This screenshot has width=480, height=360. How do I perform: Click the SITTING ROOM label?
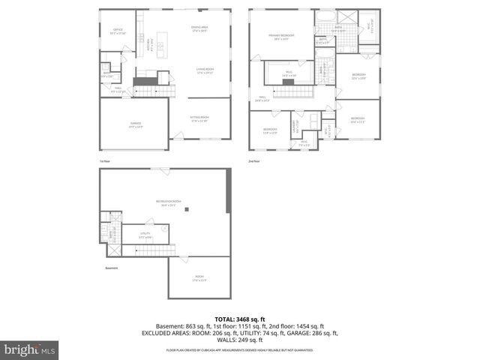pos(200,119)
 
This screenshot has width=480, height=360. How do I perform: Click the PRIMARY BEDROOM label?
pos(282,37)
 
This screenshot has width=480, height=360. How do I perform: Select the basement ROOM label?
pos(199,280)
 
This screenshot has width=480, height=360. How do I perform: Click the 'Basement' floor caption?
pos(111,267)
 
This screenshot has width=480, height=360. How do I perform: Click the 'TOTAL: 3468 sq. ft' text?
pos(239,318)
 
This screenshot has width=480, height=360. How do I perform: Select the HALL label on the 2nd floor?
pos(262,98)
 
